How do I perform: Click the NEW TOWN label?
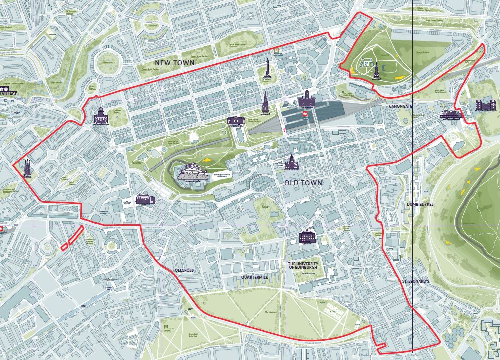tap(174, 63)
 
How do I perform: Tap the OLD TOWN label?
tap(304, 183)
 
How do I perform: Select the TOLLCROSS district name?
tap(183, 270)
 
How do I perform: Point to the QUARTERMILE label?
tap(256, 276)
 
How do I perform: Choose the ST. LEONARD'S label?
tap(416, 282)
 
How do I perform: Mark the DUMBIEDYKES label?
tap(420, 204)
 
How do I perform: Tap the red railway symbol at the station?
tap(304, 114)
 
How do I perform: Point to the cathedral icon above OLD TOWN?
tap(291, 161)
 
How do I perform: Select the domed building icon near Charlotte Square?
tap(100, 115)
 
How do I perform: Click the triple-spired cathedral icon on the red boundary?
tap(27, 169)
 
